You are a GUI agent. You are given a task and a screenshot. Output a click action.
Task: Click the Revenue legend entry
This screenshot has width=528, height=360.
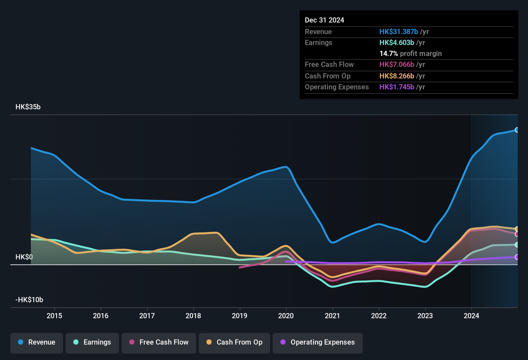[x=37, y=342]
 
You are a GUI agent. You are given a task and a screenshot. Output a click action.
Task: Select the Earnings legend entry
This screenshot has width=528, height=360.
[x=92, y=342]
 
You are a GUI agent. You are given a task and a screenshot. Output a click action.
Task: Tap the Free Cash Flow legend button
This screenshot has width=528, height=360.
[x=159, y=342]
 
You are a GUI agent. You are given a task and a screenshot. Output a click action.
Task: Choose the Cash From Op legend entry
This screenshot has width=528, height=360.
[x=234, y=342]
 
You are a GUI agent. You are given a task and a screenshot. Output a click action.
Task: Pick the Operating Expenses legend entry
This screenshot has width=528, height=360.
[x=318, y=342]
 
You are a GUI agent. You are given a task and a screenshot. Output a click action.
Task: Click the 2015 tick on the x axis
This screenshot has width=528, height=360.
[x=54, y=316]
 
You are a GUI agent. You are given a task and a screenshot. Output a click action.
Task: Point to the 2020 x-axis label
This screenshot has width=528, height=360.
[x=286, y=316]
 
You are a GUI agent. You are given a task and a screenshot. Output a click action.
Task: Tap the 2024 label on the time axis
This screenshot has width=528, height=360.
[x=471, y=316]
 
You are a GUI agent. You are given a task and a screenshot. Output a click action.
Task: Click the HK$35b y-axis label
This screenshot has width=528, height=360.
[x=28, y=107]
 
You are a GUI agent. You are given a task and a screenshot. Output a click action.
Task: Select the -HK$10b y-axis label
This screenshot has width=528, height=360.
[x=29, y=300]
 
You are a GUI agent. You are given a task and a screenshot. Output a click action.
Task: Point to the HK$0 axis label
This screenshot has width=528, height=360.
[x=24, y=257]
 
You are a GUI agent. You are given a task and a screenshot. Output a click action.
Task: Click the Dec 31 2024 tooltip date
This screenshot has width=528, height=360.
[x=324, y=20]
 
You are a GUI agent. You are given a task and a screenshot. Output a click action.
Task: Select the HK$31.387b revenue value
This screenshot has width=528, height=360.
[x=398, y=32]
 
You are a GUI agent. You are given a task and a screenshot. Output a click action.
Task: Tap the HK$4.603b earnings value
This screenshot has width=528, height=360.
[x=396, y=43]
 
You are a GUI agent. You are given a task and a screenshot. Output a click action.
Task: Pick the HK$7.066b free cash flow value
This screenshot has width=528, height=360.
[x=396, y=65]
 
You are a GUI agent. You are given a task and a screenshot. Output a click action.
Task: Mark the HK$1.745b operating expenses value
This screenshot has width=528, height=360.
[x=396, y=87]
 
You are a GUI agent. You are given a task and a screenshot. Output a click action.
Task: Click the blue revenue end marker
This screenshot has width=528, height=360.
[x=517, y=130]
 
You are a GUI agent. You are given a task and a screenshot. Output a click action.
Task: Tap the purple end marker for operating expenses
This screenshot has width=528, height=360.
[x=517, y=257]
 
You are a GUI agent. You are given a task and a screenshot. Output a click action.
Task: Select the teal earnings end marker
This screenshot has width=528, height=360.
[x=517, y=245]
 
